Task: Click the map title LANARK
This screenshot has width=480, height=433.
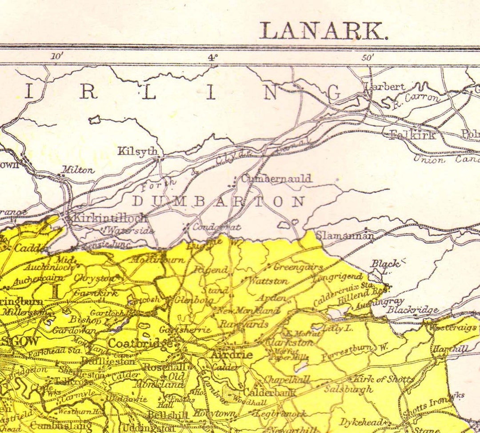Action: tap(324, 31)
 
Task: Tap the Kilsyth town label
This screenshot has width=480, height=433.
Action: tap(137, 151)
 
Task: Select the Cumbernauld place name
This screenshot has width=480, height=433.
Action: tap(276, 178)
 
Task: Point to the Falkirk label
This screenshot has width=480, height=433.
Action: tap(412, 135)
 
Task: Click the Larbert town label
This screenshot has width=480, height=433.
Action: tap(385, 87)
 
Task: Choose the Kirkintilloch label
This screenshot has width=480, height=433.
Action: tap(109, 218)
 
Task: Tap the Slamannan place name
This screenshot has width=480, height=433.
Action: tap(345, 236)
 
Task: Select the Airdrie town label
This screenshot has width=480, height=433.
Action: tap(231, 355)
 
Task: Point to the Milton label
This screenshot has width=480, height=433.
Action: tap(78, 170)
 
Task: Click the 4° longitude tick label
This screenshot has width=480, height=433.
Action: tap(213, 57)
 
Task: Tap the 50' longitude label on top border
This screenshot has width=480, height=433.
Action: tap(367, 57)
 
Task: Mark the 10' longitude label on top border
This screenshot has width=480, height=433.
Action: tap(57, 57)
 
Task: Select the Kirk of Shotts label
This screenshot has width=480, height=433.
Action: tap(383, 380)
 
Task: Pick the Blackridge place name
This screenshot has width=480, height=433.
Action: tap(412, 310)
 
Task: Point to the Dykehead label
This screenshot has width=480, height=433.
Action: tap(361, 422)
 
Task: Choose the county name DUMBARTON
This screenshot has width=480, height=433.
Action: tap(220, 202)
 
